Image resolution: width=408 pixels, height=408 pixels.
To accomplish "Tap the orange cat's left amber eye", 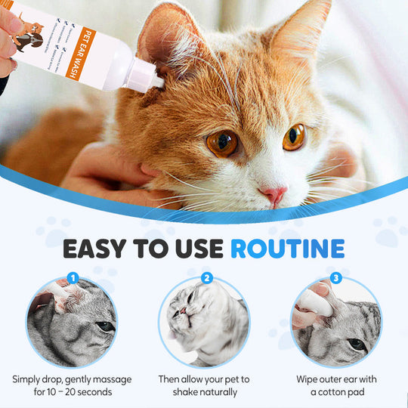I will [223, 143].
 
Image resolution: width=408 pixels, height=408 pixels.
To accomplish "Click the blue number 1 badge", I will [73, 278].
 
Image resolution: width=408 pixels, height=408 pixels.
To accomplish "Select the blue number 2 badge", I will [206, 278].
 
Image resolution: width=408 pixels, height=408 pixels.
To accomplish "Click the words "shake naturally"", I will [204, 392].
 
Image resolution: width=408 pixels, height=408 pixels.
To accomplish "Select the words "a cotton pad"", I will [335, 392].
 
